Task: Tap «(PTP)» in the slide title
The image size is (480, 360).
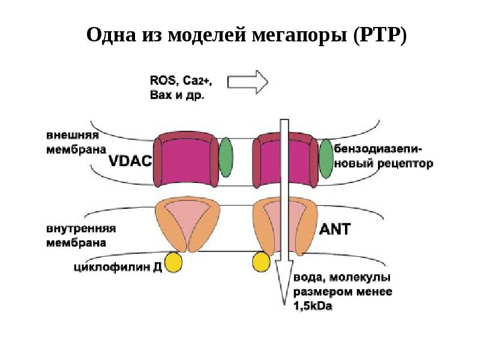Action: pos(380,35)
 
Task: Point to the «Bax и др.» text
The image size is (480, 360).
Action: pos(175,94)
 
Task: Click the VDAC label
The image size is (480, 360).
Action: pos(130,161)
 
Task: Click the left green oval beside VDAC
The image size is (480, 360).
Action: pos(225,157)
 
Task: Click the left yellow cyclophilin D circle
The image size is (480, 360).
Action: pos(174,262)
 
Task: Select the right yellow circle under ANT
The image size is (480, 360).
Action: pos(262,262)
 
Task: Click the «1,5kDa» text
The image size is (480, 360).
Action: pos(313,307)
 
